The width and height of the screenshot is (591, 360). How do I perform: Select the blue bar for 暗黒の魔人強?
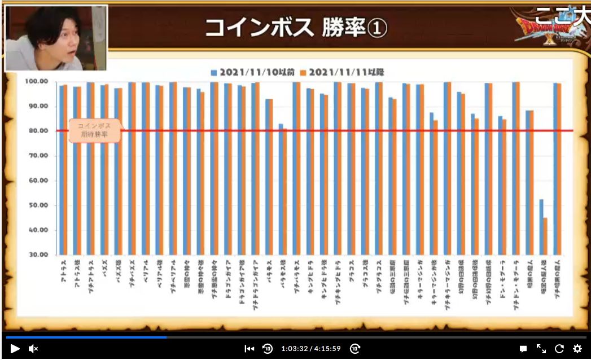(541, 226)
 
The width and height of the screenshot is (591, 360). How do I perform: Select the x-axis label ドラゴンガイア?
(227, 273)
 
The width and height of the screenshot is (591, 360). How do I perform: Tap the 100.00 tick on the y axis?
(35, 82)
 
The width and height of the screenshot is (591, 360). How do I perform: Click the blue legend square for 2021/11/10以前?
(214, 72)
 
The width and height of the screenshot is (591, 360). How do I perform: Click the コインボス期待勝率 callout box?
(94, 130)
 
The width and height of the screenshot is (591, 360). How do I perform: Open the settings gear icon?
(577, 349)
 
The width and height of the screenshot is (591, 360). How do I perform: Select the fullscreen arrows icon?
(541, 349)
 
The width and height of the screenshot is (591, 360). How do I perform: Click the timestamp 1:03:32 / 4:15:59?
(310, 349)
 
